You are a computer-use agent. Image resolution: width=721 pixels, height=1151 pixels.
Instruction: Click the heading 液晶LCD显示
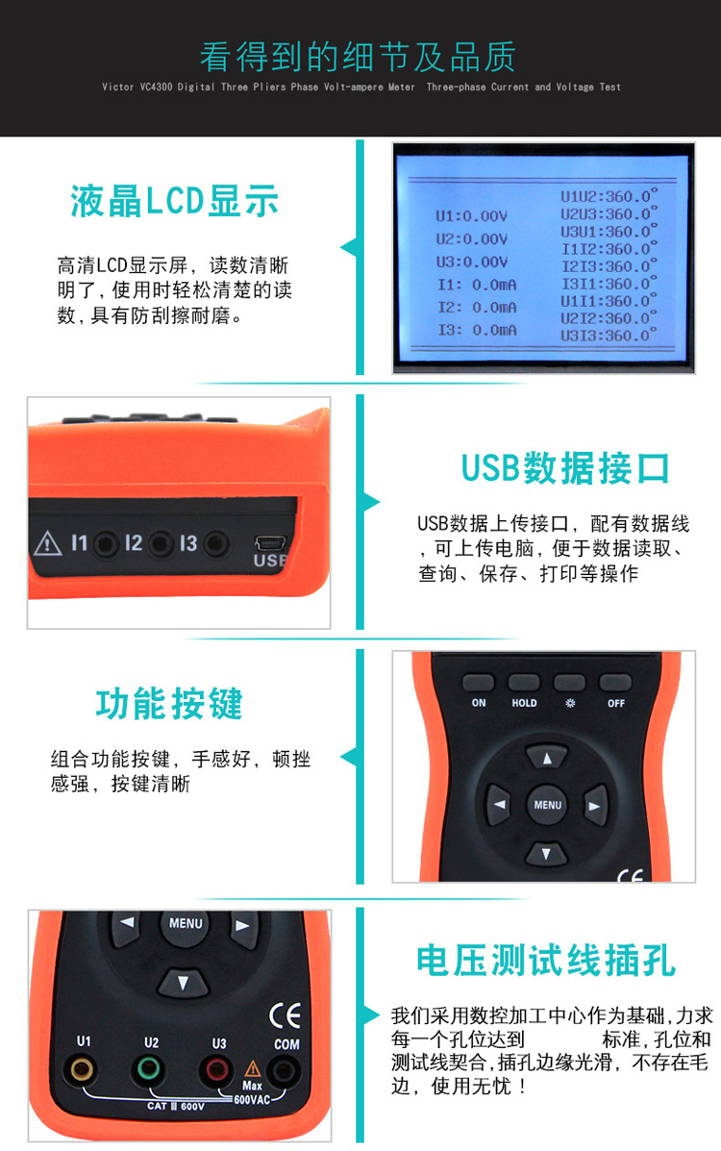[x=174, y=201]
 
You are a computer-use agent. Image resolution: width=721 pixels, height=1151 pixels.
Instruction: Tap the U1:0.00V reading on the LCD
[x=471, y=216]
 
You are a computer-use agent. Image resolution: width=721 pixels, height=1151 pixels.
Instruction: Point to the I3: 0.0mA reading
[x=477, y=330]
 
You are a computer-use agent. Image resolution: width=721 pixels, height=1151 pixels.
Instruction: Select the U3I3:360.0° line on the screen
[x=609, y=335]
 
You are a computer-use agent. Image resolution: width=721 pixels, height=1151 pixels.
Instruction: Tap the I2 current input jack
[x=162, y=543]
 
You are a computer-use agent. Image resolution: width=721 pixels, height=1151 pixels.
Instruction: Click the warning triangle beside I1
[x=47, y=544]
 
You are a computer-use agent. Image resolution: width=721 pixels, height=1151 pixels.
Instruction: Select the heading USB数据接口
[x=565, y=468]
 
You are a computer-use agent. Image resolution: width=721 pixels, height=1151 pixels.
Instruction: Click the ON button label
[x=479, y=703]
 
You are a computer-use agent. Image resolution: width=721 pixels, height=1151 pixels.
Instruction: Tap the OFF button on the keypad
[x=615, y=683]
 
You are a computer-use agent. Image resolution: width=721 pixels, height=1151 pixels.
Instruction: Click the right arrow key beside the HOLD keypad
[x=596, y=805]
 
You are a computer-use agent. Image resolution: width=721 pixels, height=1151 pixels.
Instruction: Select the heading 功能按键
[x=169, y=704]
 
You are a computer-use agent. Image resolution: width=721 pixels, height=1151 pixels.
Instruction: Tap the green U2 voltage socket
[x=149, y=1069]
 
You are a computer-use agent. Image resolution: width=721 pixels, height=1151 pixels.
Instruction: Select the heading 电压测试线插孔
[x=546, y=961]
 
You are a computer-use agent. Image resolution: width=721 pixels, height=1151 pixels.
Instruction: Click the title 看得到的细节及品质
[x=358, y=57]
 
